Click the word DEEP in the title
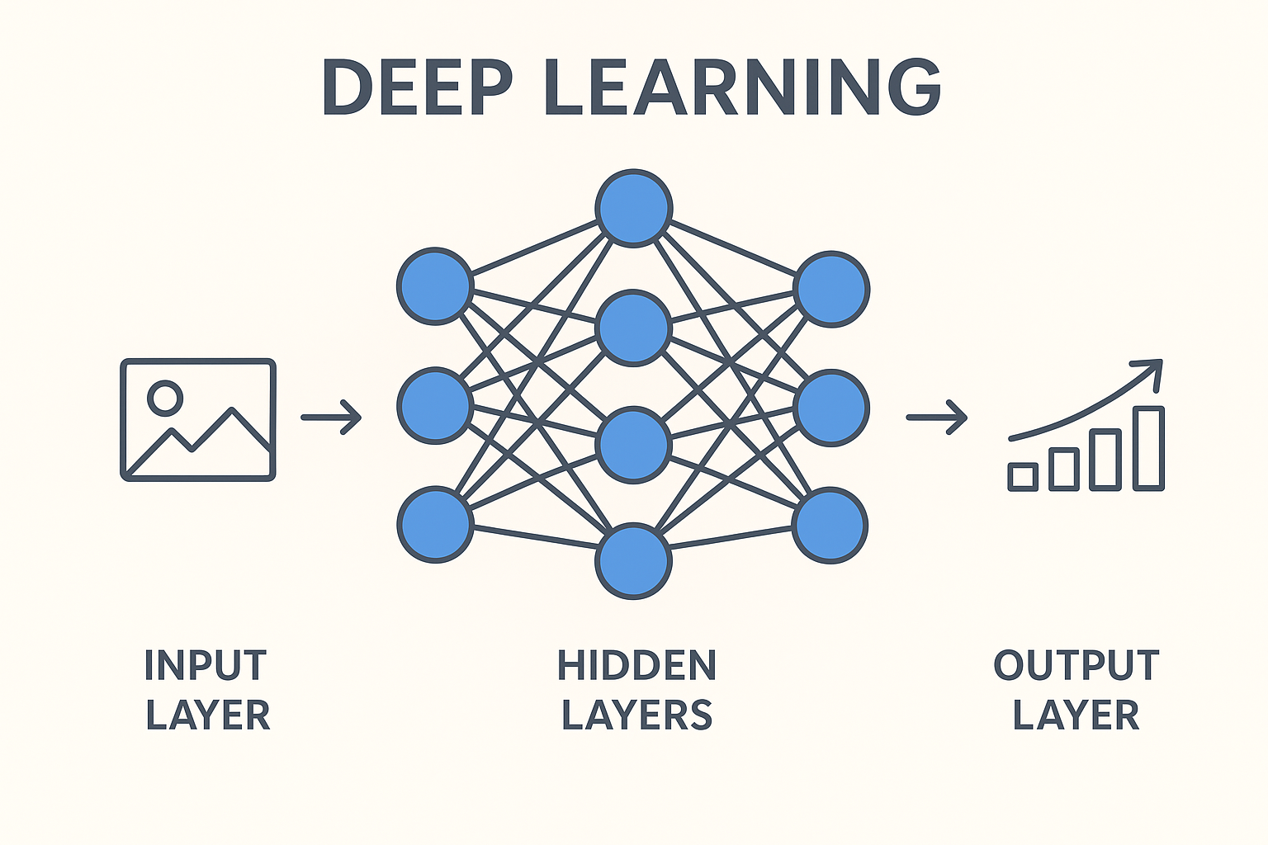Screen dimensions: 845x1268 pyautogui.click(x=417, y=87)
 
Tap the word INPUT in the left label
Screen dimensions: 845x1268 pyautogui.click(x=206, y=665)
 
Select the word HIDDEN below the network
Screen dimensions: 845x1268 pyautogui.click(x=636, y=665)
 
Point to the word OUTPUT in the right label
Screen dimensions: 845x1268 pyautogui.click(x=1076, y=665)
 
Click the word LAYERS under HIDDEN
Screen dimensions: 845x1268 pyautogui.click(x=636, y=715)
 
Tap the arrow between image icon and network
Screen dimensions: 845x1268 pyautogui.click(x=331, y=418)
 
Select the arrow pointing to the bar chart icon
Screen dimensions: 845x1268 pyautogui.click(x=936, y=418)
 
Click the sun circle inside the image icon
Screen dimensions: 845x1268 pyautogui.click(x=165, y=398)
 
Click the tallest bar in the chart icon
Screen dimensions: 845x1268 pyautogui.click(x=1148, y=448)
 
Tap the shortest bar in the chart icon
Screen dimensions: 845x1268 pyautogui.click(x=1023, y=476)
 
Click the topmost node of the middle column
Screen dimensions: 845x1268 pyautogui.click(x=633, y=208)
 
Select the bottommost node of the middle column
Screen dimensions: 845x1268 pyautogui.click(x=633, y=561)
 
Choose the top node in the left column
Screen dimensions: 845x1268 pyautogui.click(x=435, y=286)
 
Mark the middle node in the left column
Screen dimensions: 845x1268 pyautogui.click(x=435, y=407)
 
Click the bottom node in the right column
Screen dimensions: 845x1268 pyautogui.click(x=830, y=526)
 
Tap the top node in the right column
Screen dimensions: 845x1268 pyautogui.click(x=831, y=289)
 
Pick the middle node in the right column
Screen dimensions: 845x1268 pyautogui.click(x=831, y=408)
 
